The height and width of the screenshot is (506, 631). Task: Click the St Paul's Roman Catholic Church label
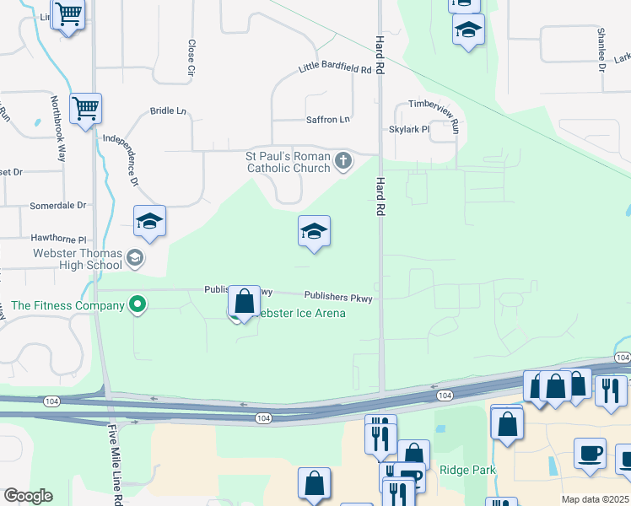(x=287, y=162)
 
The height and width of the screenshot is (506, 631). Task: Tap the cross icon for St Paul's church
(x=343, y=160)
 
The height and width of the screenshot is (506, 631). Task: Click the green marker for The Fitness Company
(x=135, y=304)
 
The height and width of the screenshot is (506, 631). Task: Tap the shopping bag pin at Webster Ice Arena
(x=244, y=302)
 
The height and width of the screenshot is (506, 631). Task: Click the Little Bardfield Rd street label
(x=336, y=69)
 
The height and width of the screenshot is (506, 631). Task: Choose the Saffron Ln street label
(x=327, y=120)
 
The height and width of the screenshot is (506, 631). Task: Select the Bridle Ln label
(x=168, y=110)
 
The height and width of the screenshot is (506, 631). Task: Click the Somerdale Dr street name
(x=58, y=205)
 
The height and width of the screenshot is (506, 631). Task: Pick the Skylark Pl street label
(x=409, y=130)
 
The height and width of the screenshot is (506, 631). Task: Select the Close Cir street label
(x=191, y=60)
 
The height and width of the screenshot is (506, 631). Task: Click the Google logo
(x=28, y=496)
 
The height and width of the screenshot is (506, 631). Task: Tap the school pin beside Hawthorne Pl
(x=149, y=223)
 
